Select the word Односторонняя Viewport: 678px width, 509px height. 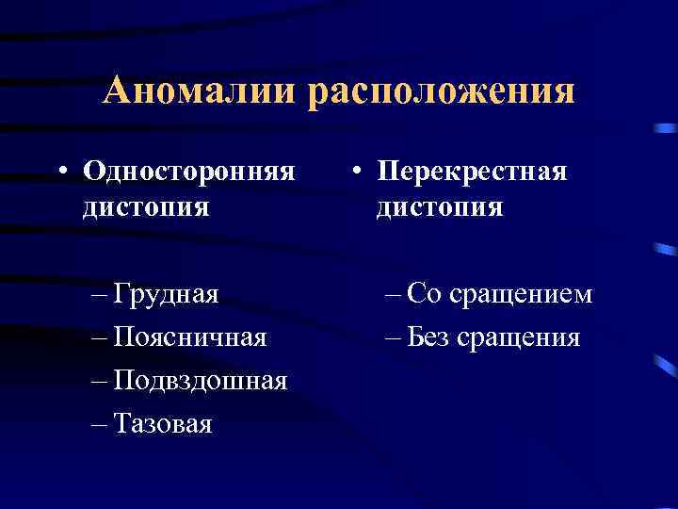pyautogui.click(x=188, y=171)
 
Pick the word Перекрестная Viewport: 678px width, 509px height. pyautogui.click(x=472, y=171)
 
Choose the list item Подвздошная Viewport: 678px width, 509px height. pyautogui.click(x=200, y=382)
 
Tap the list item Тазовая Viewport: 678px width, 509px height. pyautogui.click(x=163, y=424)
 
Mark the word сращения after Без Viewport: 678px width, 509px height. pyautogui.click(x=518, y=337)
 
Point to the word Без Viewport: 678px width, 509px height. pyautogui.click(x=430, y=337)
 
